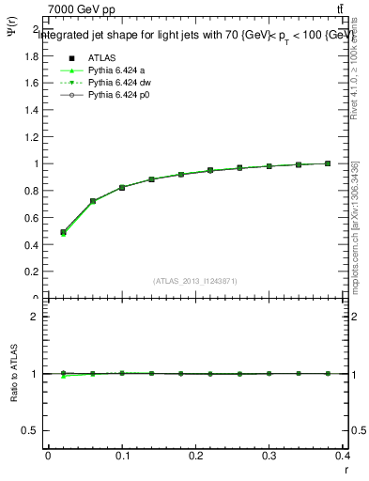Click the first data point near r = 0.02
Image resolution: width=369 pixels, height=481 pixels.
(63, 232)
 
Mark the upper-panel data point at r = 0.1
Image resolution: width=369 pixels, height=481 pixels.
(122, 188)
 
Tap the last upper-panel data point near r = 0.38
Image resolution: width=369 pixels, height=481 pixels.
(328, 163)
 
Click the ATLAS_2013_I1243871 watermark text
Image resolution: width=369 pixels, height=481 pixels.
(195, 281)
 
